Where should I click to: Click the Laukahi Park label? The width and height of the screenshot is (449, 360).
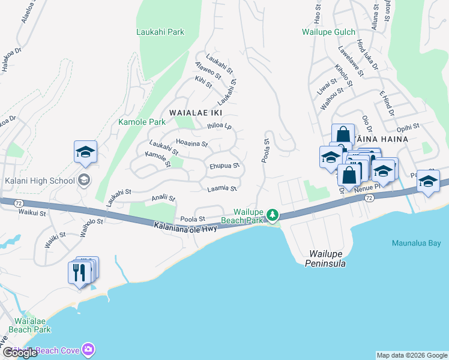[160, 32]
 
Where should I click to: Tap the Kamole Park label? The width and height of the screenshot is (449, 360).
[141, 122]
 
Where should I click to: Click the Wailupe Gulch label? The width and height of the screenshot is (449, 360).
[329, 32]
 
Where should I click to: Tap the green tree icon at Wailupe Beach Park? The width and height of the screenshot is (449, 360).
[273, 215]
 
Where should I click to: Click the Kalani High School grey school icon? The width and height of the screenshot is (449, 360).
[85, 180]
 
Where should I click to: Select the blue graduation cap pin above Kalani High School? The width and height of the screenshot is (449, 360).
[85, 152]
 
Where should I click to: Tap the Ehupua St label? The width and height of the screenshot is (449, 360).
[224, 165]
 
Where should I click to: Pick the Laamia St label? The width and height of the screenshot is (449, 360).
[222, 188]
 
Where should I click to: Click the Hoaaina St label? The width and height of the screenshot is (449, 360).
[191, 143]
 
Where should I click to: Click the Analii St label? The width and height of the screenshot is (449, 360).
[163, 197]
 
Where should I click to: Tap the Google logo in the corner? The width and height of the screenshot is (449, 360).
[20, 353]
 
